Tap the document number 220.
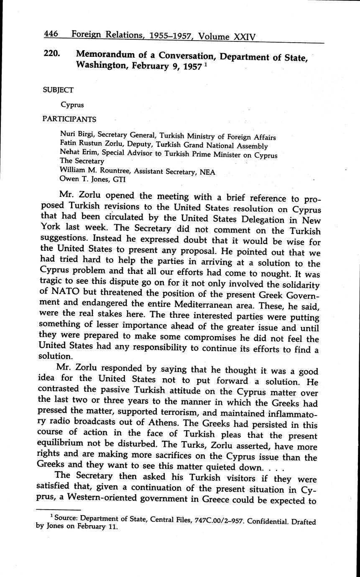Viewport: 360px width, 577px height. pyautogui.click(x=52, y=54)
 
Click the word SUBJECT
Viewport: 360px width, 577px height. pyautogui.click(x=58, y=90)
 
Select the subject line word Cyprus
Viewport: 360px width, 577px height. pyautogui.click(x=72, y=105)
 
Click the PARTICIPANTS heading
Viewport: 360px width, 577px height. pyautogui.click(x=69, y=119)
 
